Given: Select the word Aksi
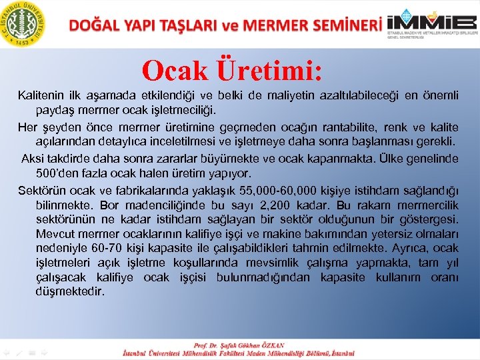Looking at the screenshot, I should click(33, 159).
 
